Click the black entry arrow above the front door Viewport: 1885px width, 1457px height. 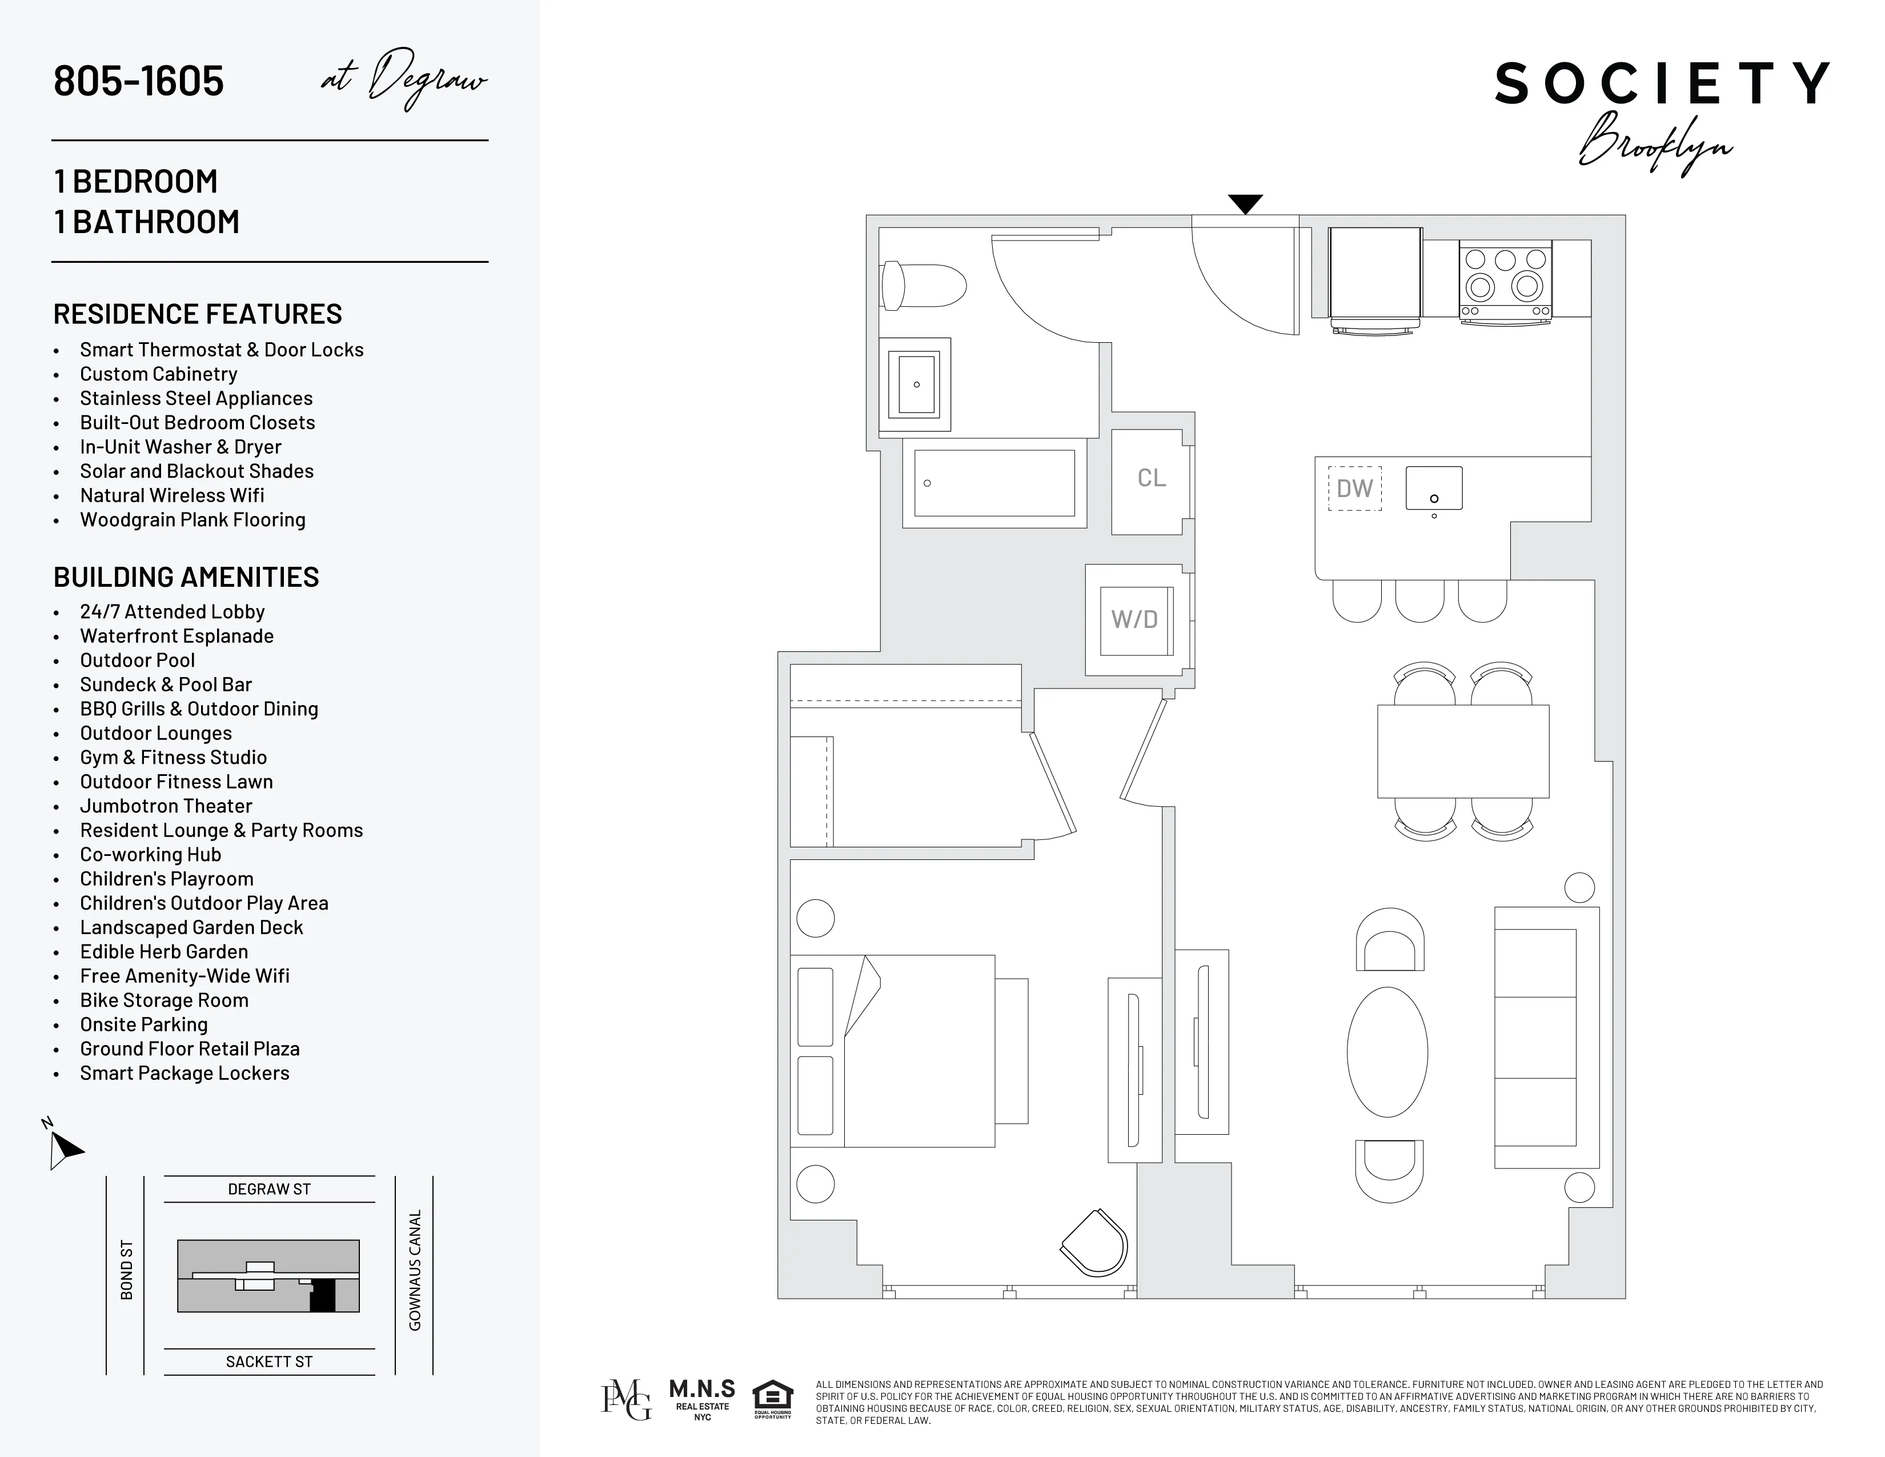coord(1245,204)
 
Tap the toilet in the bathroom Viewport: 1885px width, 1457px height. coord(923,286)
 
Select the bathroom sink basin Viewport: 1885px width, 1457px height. coord(916,384)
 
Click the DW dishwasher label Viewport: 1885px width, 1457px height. coord(1354,489)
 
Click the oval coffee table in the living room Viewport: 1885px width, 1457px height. coord(1387,1051)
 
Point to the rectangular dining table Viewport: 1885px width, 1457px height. coord(1463,751)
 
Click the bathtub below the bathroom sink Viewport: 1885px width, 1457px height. coord(994,483)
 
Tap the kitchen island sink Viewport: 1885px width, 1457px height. coord(1434,489)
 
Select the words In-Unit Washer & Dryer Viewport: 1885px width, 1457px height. coord(181,447)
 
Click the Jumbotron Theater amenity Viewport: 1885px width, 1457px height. coord(166,806)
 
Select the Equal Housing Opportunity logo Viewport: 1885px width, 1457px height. coord(772,1399)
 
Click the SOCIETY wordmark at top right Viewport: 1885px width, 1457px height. coord(1662,84)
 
